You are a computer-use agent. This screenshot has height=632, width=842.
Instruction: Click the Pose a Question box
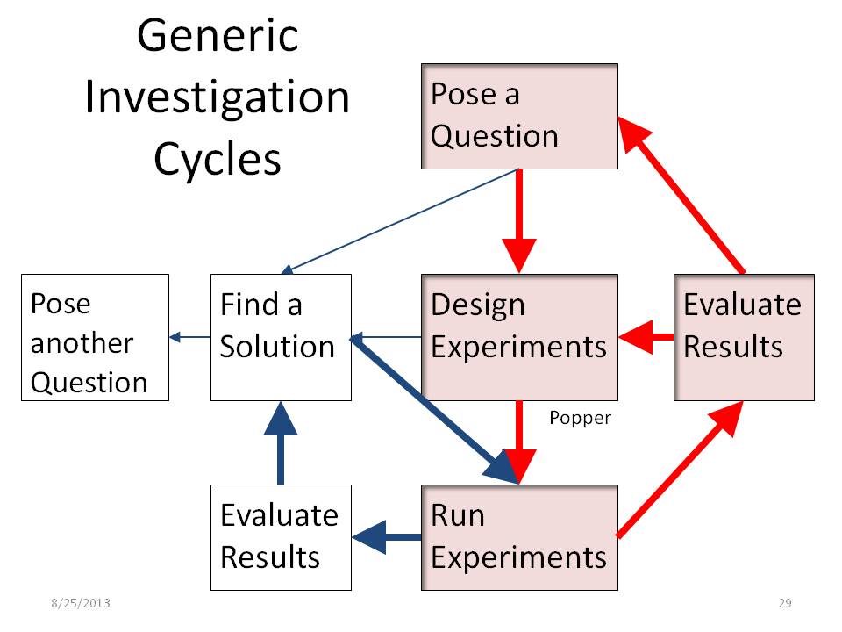519,116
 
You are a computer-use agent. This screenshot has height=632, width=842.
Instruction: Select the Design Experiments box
519,337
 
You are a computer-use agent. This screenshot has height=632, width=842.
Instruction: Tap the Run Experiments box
519,537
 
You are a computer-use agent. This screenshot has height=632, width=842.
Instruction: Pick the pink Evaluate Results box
745,337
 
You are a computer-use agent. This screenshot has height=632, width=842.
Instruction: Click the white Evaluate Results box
281,537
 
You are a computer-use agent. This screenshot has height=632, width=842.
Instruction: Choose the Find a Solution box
281,337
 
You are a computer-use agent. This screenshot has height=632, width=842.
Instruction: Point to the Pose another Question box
95,337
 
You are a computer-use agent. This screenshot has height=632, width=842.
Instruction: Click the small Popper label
580,418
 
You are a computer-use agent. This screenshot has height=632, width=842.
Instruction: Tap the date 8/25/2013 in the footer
81,603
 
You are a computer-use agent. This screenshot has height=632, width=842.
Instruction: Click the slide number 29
785,603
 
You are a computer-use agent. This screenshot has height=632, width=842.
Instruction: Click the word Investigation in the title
218,97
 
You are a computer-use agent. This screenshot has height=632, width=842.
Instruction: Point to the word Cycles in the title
218,159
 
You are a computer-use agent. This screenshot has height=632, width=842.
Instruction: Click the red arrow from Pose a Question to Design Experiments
519,221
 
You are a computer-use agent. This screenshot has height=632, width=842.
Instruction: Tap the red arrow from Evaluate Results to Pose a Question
681,195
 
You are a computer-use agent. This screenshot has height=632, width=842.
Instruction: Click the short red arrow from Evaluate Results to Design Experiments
646,337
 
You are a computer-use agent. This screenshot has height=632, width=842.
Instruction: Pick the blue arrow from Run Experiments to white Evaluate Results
387,537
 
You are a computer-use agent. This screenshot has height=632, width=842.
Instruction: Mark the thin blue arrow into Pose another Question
190,337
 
